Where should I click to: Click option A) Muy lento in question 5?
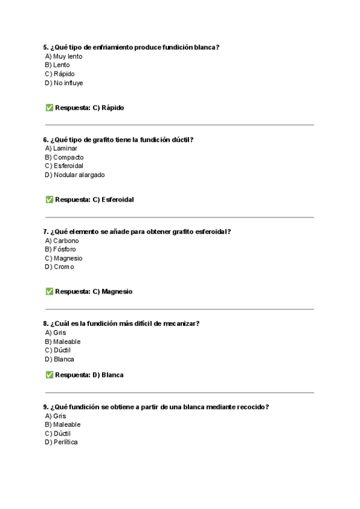tap(64, 56)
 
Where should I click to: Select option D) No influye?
tap(64, 83)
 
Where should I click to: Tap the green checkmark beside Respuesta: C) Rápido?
tap(49, 107)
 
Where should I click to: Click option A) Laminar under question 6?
tap(61, 148)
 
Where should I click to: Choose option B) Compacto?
tap(64, 157)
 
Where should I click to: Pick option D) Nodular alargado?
tap(74, 175)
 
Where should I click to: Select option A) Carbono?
tap(62, 241)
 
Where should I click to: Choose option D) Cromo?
tap(59, 267)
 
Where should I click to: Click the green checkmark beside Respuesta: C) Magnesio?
tap(49, 291)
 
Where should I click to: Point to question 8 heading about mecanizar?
tap(121, 324)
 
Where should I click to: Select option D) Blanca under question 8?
tap(59, 359)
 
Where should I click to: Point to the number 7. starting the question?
tap(46, 232)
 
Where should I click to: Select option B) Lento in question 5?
tap(57, 65)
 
